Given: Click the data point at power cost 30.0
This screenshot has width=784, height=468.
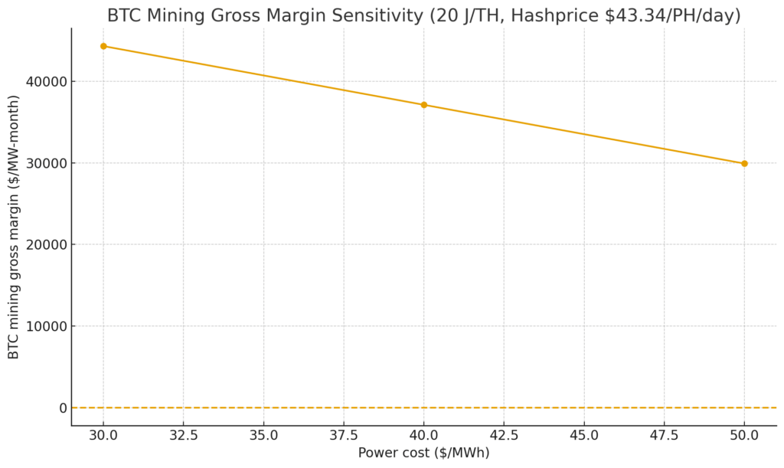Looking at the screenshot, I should (103, 46).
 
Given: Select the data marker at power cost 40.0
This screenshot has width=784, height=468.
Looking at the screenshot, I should (424, 105).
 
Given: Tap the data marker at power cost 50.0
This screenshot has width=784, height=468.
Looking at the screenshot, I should (744, 163).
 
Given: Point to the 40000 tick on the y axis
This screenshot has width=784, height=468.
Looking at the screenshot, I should (47, 82).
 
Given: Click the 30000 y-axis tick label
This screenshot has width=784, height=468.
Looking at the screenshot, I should (47, 163).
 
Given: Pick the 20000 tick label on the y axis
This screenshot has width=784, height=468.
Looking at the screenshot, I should (47, 245).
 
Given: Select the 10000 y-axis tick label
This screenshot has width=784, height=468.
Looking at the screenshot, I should (47, 326).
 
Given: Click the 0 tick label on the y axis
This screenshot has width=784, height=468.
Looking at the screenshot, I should (64, 408).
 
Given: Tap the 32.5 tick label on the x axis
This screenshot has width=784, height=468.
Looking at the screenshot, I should (184, 435).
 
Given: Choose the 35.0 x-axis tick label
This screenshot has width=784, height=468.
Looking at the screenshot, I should (263, 435).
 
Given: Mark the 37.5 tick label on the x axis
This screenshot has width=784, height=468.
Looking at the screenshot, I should (344, 435).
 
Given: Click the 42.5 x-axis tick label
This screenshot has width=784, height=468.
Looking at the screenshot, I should (504, 435).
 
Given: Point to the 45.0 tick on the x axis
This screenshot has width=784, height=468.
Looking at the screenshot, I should (584, 435).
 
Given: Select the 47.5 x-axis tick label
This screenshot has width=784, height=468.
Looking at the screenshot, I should (664, 435).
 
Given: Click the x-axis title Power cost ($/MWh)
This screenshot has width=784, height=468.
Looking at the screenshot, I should (423, 453).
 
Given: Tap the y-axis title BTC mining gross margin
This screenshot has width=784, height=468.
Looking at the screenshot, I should (14, 227).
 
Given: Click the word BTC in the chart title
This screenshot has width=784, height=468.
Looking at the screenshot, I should (122, 15).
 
